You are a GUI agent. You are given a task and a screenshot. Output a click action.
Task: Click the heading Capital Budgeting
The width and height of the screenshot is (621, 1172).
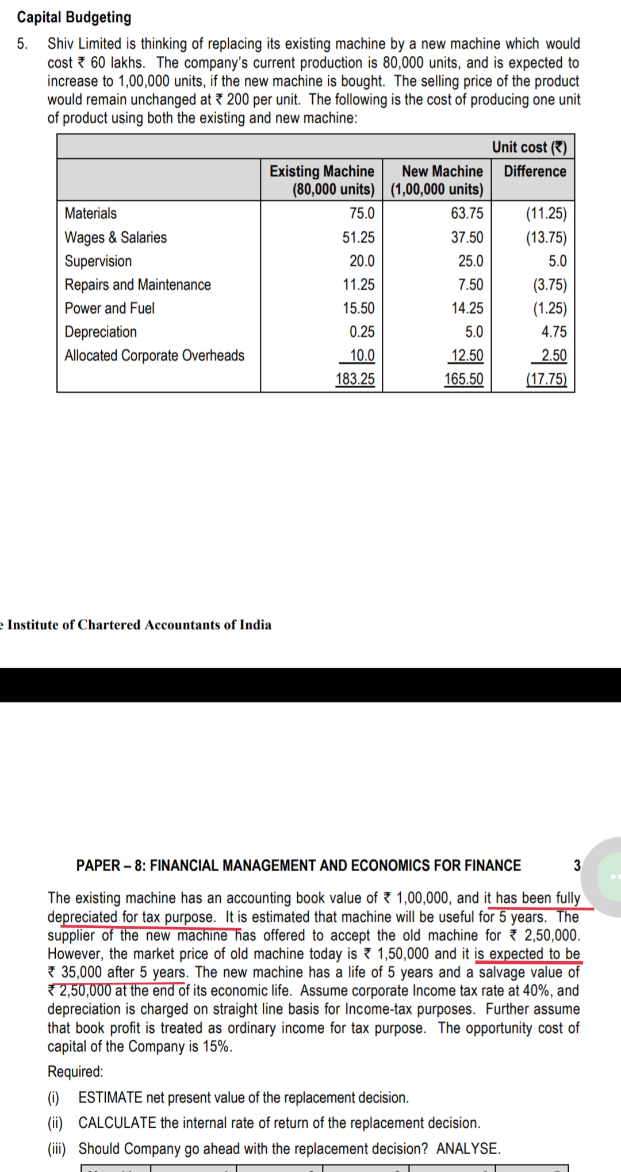pyautogui.click(x=74, y=17)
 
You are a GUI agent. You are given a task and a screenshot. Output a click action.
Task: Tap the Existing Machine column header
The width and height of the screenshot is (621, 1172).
pyautogui.click(x=322, y=179)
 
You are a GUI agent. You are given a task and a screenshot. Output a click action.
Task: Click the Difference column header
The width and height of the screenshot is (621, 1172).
pyautogui.click(x=535, y=171)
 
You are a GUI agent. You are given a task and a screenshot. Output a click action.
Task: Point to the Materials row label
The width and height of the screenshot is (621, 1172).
pyautogui.click(x=91, y=213)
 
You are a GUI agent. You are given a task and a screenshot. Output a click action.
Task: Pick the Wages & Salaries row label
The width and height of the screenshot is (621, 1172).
pyautogui.click(x=116, y=238)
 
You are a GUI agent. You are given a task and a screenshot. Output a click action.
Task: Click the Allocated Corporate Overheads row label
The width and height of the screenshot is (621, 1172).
pyautogui.click(x=154, y=355)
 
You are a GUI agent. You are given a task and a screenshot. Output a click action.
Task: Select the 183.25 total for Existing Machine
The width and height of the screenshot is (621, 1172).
pyautogui.click(x=355, y=379)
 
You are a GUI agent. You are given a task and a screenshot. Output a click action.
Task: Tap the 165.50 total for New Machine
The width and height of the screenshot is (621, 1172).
pyautogui.click(x=463, y=379)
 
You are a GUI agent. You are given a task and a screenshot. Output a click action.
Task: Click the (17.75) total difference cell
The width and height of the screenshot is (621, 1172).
pyautogui.click(x=546, y=379)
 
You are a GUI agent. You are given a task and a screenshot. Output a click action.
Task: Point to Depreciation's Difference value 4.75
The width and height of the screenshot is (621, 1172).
pyautogui.click(x=554, y=332)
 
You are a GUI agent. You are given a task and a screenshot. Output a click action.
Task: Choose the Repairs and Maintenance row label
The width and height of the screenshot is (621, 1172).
pyautogui.click(x=137, y=285)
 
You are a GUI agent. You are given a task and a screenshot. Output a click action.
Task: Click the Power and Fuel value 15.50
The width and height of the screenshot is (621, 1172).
pyautogui.click(x=358, y=308)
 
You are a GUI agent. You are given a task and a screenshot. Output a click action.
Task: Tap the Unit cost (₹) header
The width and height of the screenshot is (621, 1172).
pyautogui.click(x=529, y=147)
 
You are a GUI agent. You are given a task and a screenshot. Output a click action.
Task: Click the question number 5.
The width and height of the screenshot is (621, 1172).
pyautogui.click(x=22, y=44)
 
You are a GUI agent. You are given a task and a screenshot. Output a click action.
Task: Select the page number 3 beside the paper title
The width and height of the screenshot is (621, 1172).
pyautogui.click(x=577, y=865)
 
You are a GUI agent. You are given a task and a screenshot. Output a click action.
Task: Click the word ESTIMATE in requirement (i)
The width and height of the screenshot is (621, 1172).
pyautogui.click(x=110, y=1097)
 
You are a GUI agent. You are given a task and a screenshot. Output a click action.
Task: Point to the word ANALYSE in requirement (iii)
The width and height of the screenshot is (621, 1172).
pyautogui.click(x=467, y=1148)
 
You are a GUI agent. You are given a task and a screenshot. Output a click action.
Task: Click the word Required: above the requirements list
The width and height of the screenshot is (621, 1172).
pyautogui.click(x=75, y=1071)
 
